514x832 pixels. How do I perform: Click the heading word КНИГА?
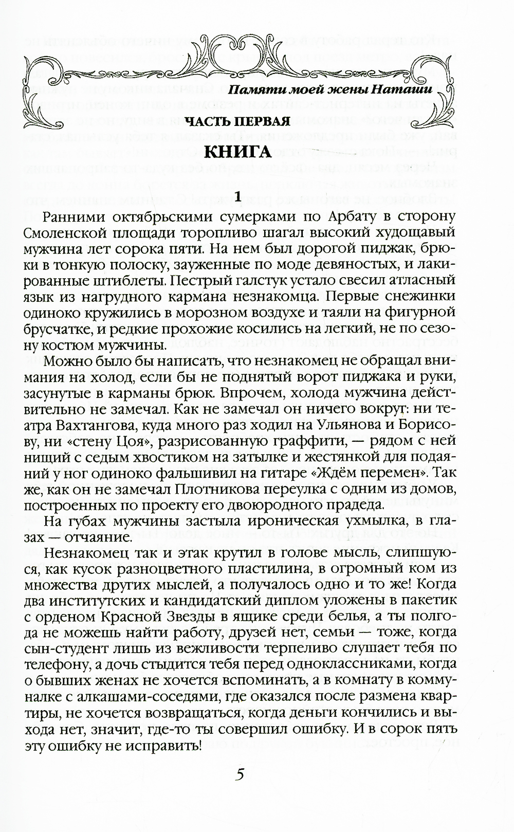pos(238,152)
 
